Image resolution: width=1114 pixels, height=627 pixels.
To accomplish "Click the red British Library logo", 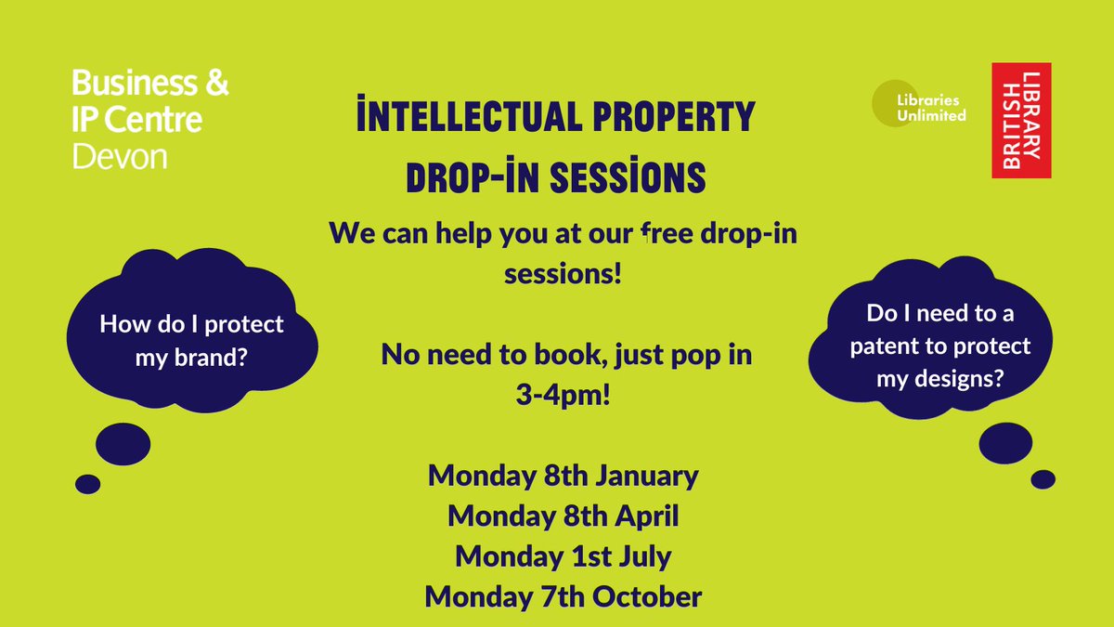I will pos(1021,120).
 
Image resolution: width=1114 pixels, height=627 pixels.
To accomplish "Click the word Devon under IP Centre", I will pos(120,156).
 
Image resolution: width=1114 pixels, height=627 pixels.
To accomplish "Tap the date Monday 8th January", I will pos(563,476).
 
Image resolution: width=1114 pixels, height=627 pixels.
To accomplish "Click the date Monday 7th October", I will pos(563,595).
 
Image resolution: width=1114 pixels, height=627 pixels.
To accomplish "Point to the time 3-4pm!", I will pos(563,395).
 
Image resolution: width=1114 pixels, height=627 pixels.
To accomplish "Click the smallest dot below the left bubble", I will pos(87,483).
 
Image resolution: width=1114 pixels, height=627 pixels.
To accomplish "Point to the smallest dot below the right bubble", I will pos(1043,478).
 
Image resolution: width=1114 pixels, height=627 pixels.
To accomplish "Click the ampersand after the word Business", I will pos(214,85).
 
